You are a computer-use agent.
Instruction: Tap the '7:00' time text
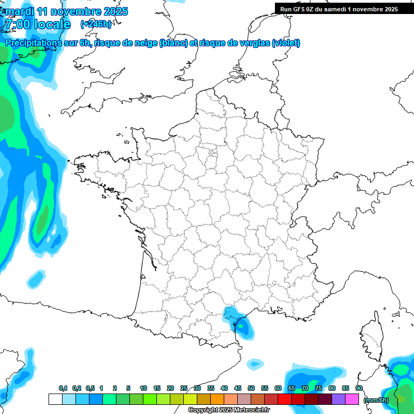pos(17,24)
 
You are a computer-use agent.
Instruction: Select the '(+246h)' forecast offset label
pos(96,24)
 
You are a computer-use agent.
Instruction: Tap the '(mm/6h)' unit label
pos(376,400)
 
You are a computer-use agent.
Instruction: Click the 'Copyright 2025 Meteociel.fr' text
pos(229,410)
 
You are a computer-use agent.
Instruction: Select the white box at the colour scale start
pos(55,399)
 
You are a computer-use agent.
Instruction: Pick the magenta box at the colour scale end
pos(352,399)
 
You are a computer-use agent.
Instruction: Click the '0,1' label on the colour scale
pos(63,388)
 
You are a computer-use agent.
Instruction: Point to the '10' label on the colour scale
pos(143,388)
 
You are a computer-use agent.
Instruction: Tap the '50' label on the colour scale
pos(251,388)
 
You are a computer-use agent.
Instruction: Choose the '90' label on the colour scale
pos(358,388)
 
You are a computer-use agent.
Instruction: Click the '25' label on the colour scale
pos(184,388)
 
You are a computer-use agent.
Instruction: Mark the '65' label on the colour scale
pos(292,388)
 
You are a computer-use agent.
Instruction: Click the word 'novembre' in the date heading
pos(77,11)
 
